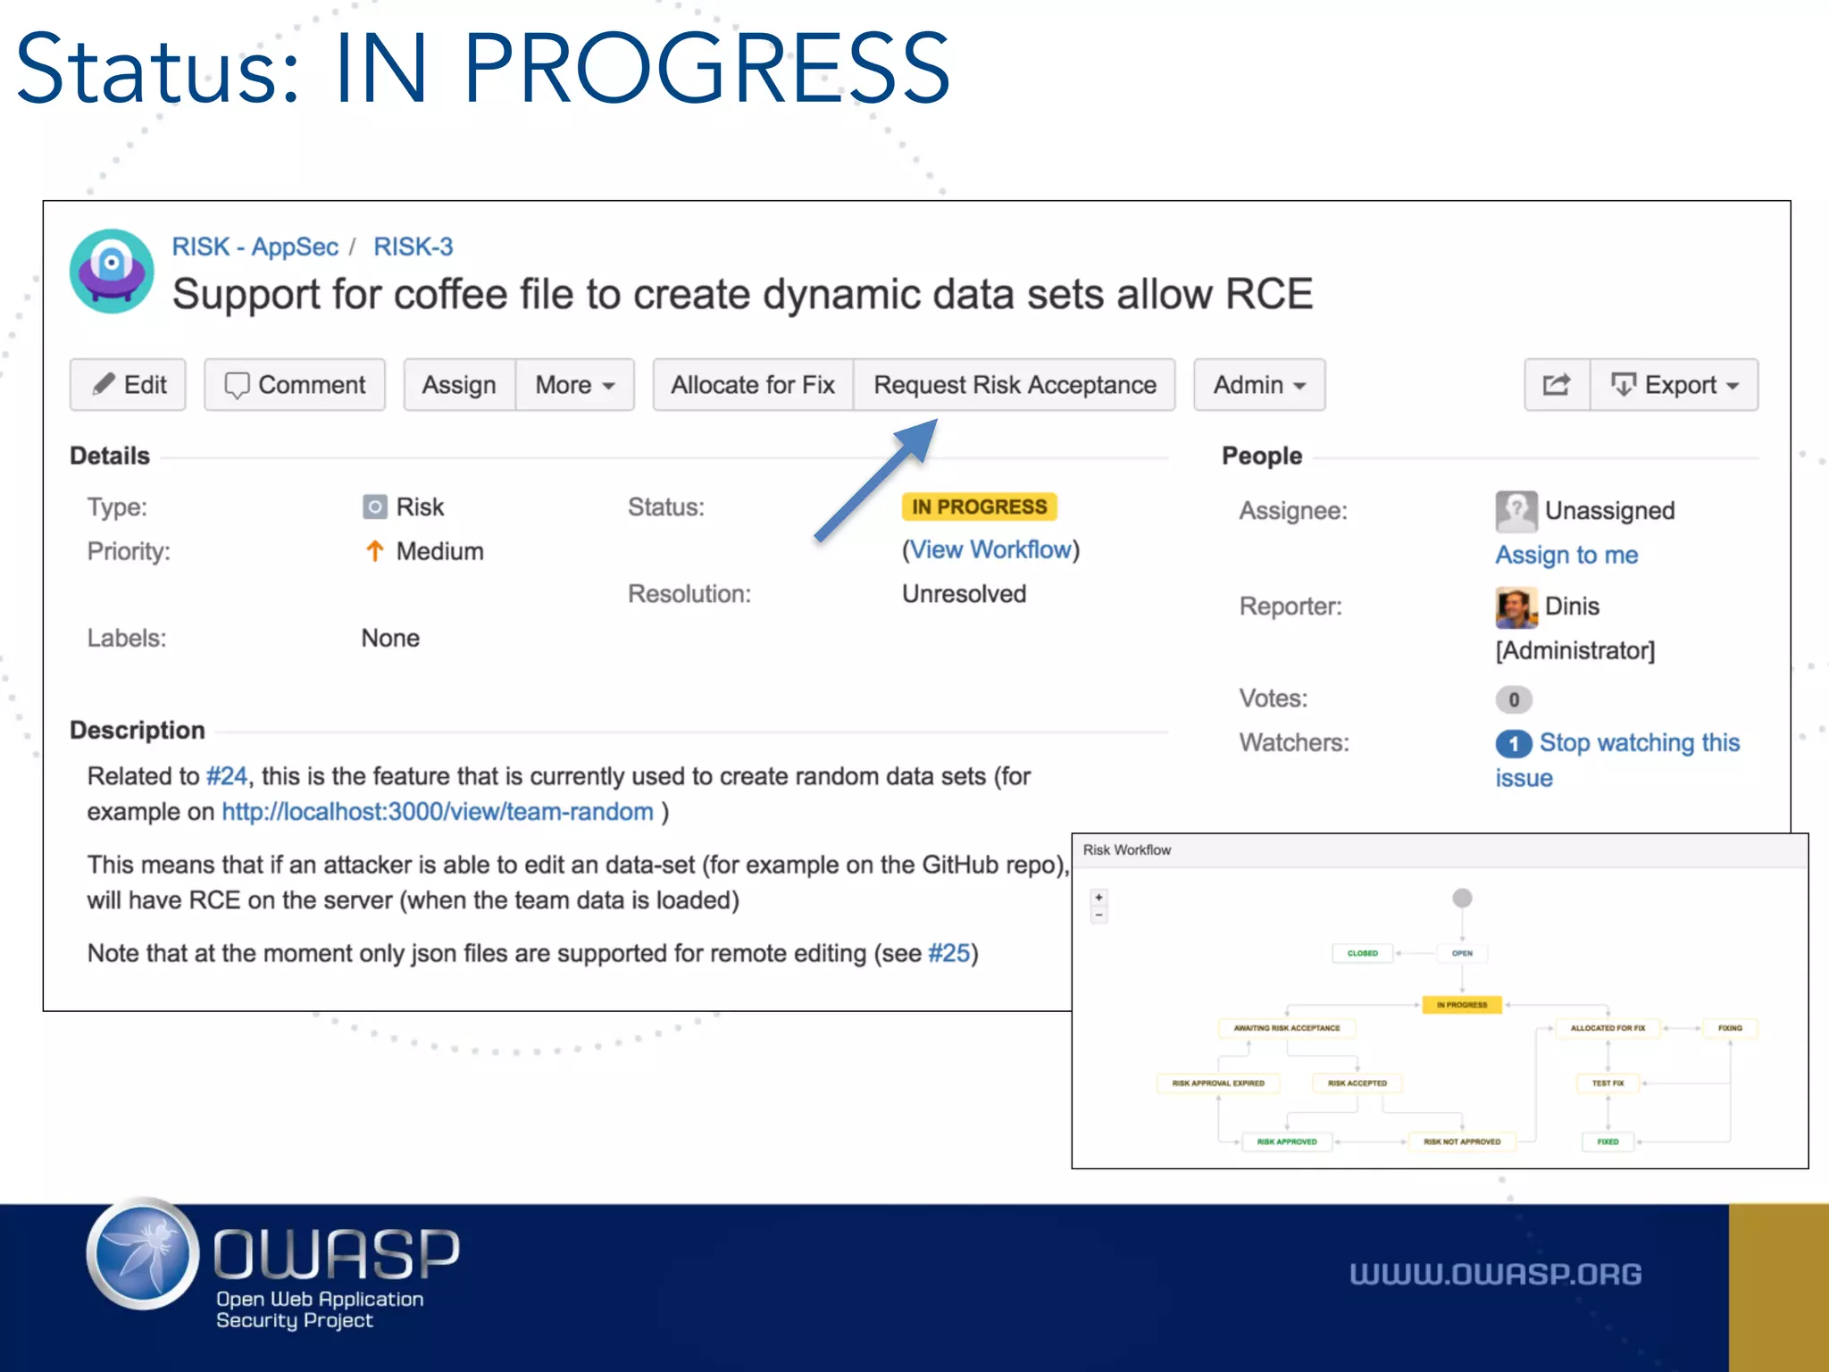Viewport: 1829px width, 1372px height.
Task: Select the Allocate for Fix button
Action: coord(752,385)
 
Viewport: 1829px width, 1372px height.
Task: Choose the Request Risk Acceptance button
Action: coord(1014,385)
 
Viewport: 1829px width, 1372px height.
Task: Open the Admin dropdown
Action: coord(1258,385)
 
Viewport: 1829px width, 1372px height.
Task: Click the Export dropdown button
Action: coord(1674,385)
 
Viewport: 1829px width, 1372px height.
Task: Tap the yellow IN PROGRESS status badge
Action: coord(979,506)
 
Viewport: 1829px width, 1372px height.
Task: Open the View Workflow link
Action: coord(990,549)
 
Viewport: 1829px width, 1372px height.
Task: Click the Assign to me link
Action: coord(1566,555)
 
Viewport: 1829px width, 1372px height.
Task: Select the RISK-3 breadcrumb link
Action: coord(413,247)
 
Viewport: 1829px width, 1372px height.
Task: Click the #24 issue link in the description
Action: coord(226,776)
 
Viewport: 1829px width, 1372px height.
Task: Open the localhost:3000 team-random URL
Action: coord(438,812)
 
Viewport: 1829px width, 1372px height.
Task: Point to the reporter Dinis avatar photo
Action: coord(1516,607)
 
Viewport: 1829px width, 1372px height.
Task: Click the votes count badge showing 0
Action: coord(1514,699)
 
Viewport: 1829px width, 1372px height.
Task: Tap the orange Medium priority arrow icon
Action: coord(375,551)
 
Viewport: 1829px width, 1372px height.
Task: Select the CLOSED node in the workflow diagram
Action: coord(1362,953)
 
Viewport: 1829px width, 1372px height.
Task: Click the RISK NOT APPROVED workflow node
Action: coord(1462,1142)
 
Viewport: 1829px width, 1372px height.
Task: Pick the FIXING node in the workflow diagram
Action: coord(1730,1028)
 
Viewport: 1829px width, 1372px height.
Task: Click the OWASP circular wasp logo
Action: coord(143,1255)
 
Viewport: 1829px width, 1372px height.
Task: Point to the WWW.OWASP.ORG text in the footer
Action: coord(1495,1274)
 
